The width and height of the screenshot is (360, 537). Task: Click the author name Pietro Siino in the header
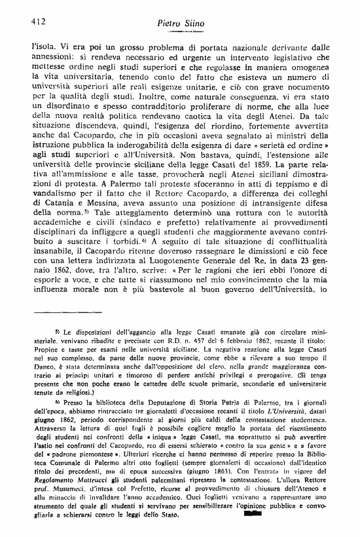pos(181,24)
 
